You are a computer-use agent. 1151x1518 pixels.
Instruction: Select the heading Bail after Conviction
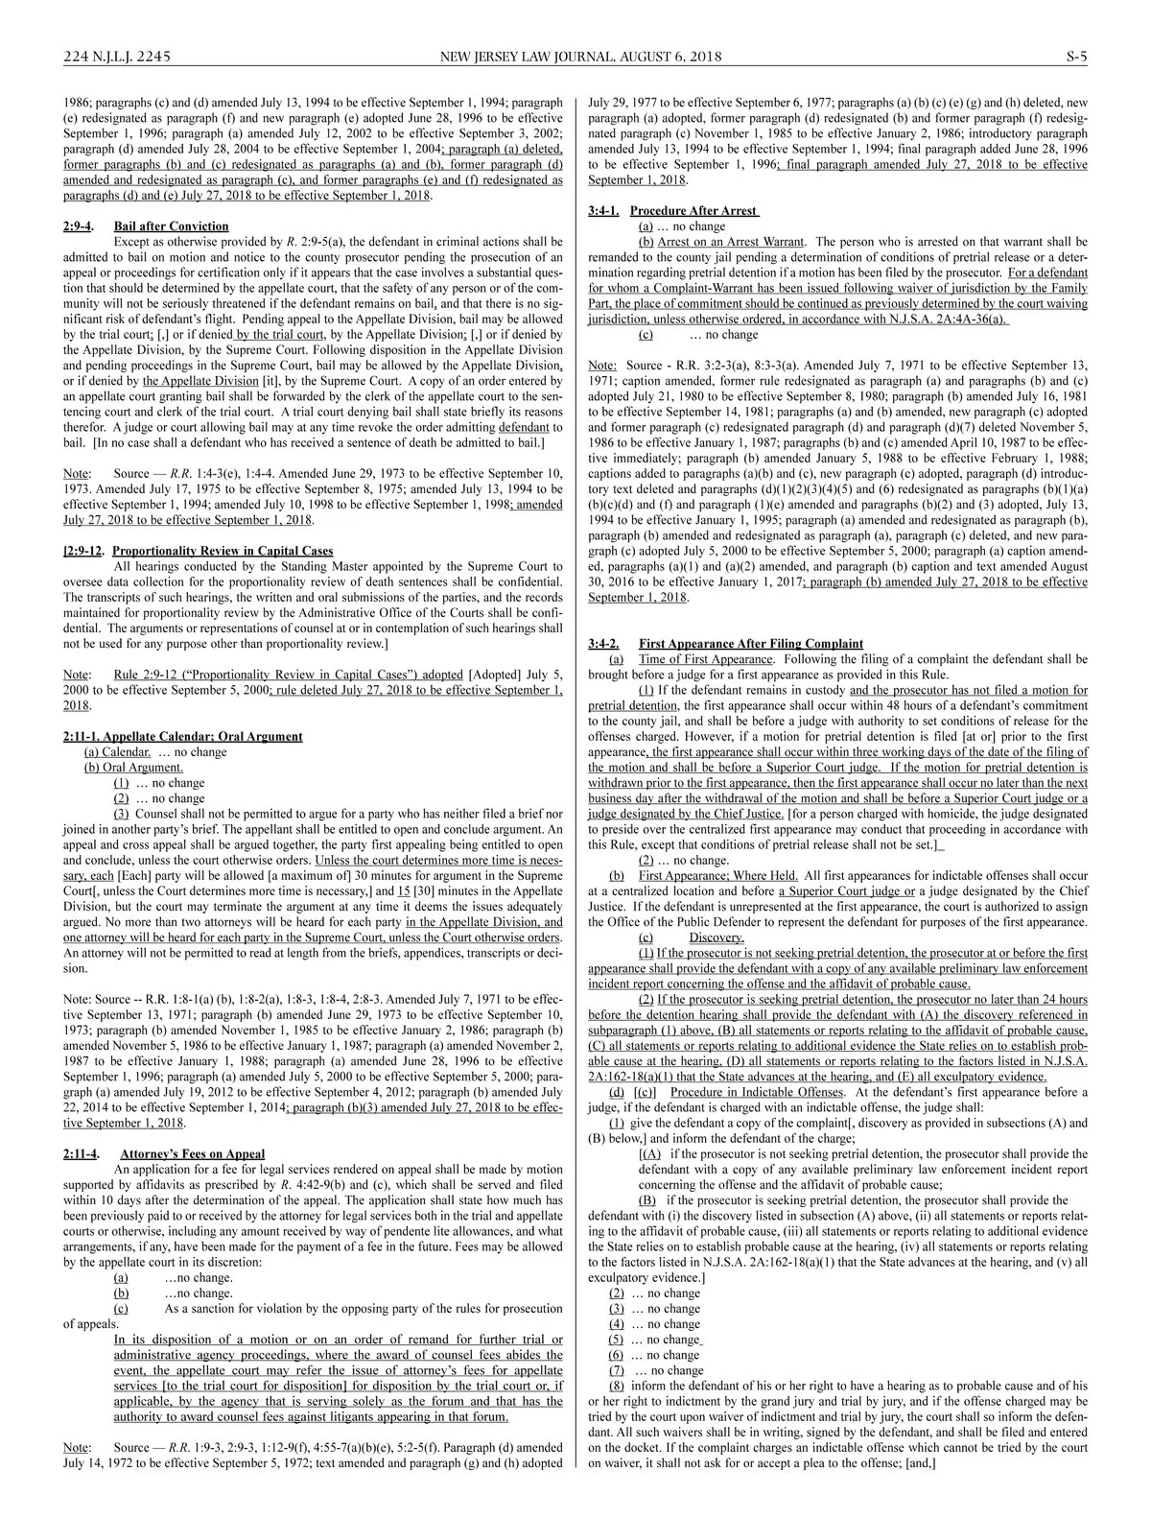[x=171, y=226]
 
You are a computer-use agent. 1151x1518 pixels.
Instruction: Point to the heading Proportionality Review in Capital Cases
[x=223, y=551]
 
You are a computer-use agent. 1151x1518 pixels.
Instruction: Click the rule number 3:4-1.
[x=603, y=210]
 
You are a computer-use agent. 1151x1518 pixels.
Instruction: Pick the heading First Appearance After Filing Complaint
[x=750, y=643]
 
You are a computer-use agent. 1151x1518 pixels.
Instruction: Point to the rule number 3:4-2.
[x=603, y=643]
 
